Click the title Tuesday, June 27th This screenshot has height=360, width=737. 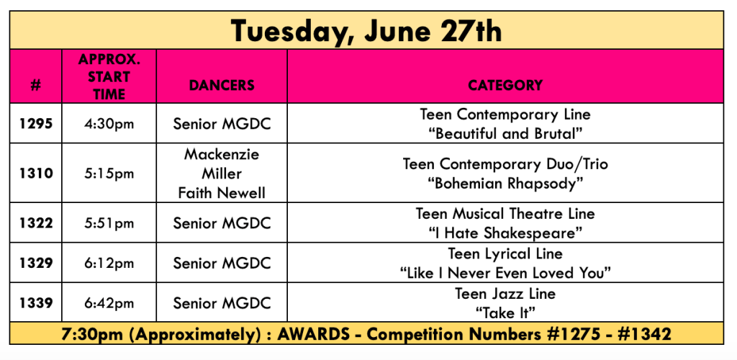pos(366,30)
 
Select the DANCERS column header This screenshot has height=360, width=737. pos(222,85)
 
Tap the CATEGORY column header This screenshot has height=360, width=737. pos(505,85)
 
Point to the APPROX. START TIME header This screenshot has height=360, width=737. pos(109,76)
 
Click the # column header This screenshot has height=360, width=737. pos(36,86)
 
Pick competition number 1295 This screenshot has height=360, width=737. pos(36,124)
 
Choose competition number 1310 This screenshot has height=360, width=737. pos(36,174)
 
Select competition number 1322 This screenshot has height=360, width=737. pos(36,223)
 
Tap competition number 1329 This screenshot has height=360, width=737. pos(36,264)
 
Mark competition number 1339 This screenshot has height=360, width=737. pos(36,303)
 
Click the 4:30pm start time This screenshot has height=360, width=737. pos(109,125)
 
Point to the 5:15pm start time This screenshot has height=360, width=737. pos(109,174)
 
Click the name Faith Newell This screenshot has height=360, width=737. pos(222,193)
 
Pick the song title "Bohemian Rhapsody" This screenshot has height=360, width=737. pos(505,184)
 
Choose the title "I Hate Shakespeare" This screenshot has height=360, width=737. pos(505,233)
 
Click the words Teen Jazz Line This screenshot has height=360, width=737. pos(505,294)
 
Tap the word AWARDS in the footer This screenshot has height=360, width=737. pos(314,335)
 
